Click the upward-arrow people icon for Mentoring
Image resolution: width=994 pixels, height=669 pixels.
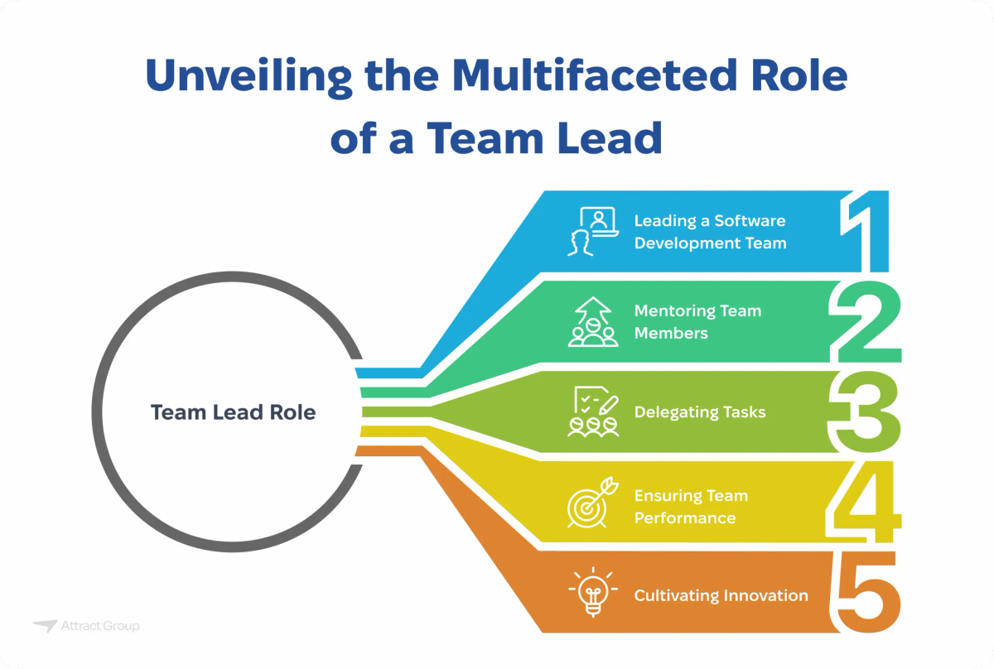(592, 321)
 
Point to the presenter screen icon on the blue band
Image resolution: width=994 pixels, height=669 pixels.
(592, 231)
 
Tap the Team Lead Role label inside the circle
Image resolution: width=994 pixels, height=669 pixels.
(233, 412)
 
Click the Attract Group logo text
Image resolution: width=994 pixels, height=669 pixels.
(100, 627)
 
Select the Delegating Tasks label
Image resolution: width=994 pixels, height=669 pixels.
(700, 412)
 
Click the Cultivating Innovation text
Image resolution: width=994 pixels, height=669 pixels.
(721, 594)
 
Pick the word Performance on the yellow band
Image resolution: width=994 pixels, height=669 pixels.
(685, 517)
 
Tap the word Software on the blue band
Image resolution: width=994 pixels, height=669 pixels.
(748, 221)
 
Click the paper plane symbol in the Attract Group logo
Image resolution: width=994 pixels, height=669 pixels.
(45, 626)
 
